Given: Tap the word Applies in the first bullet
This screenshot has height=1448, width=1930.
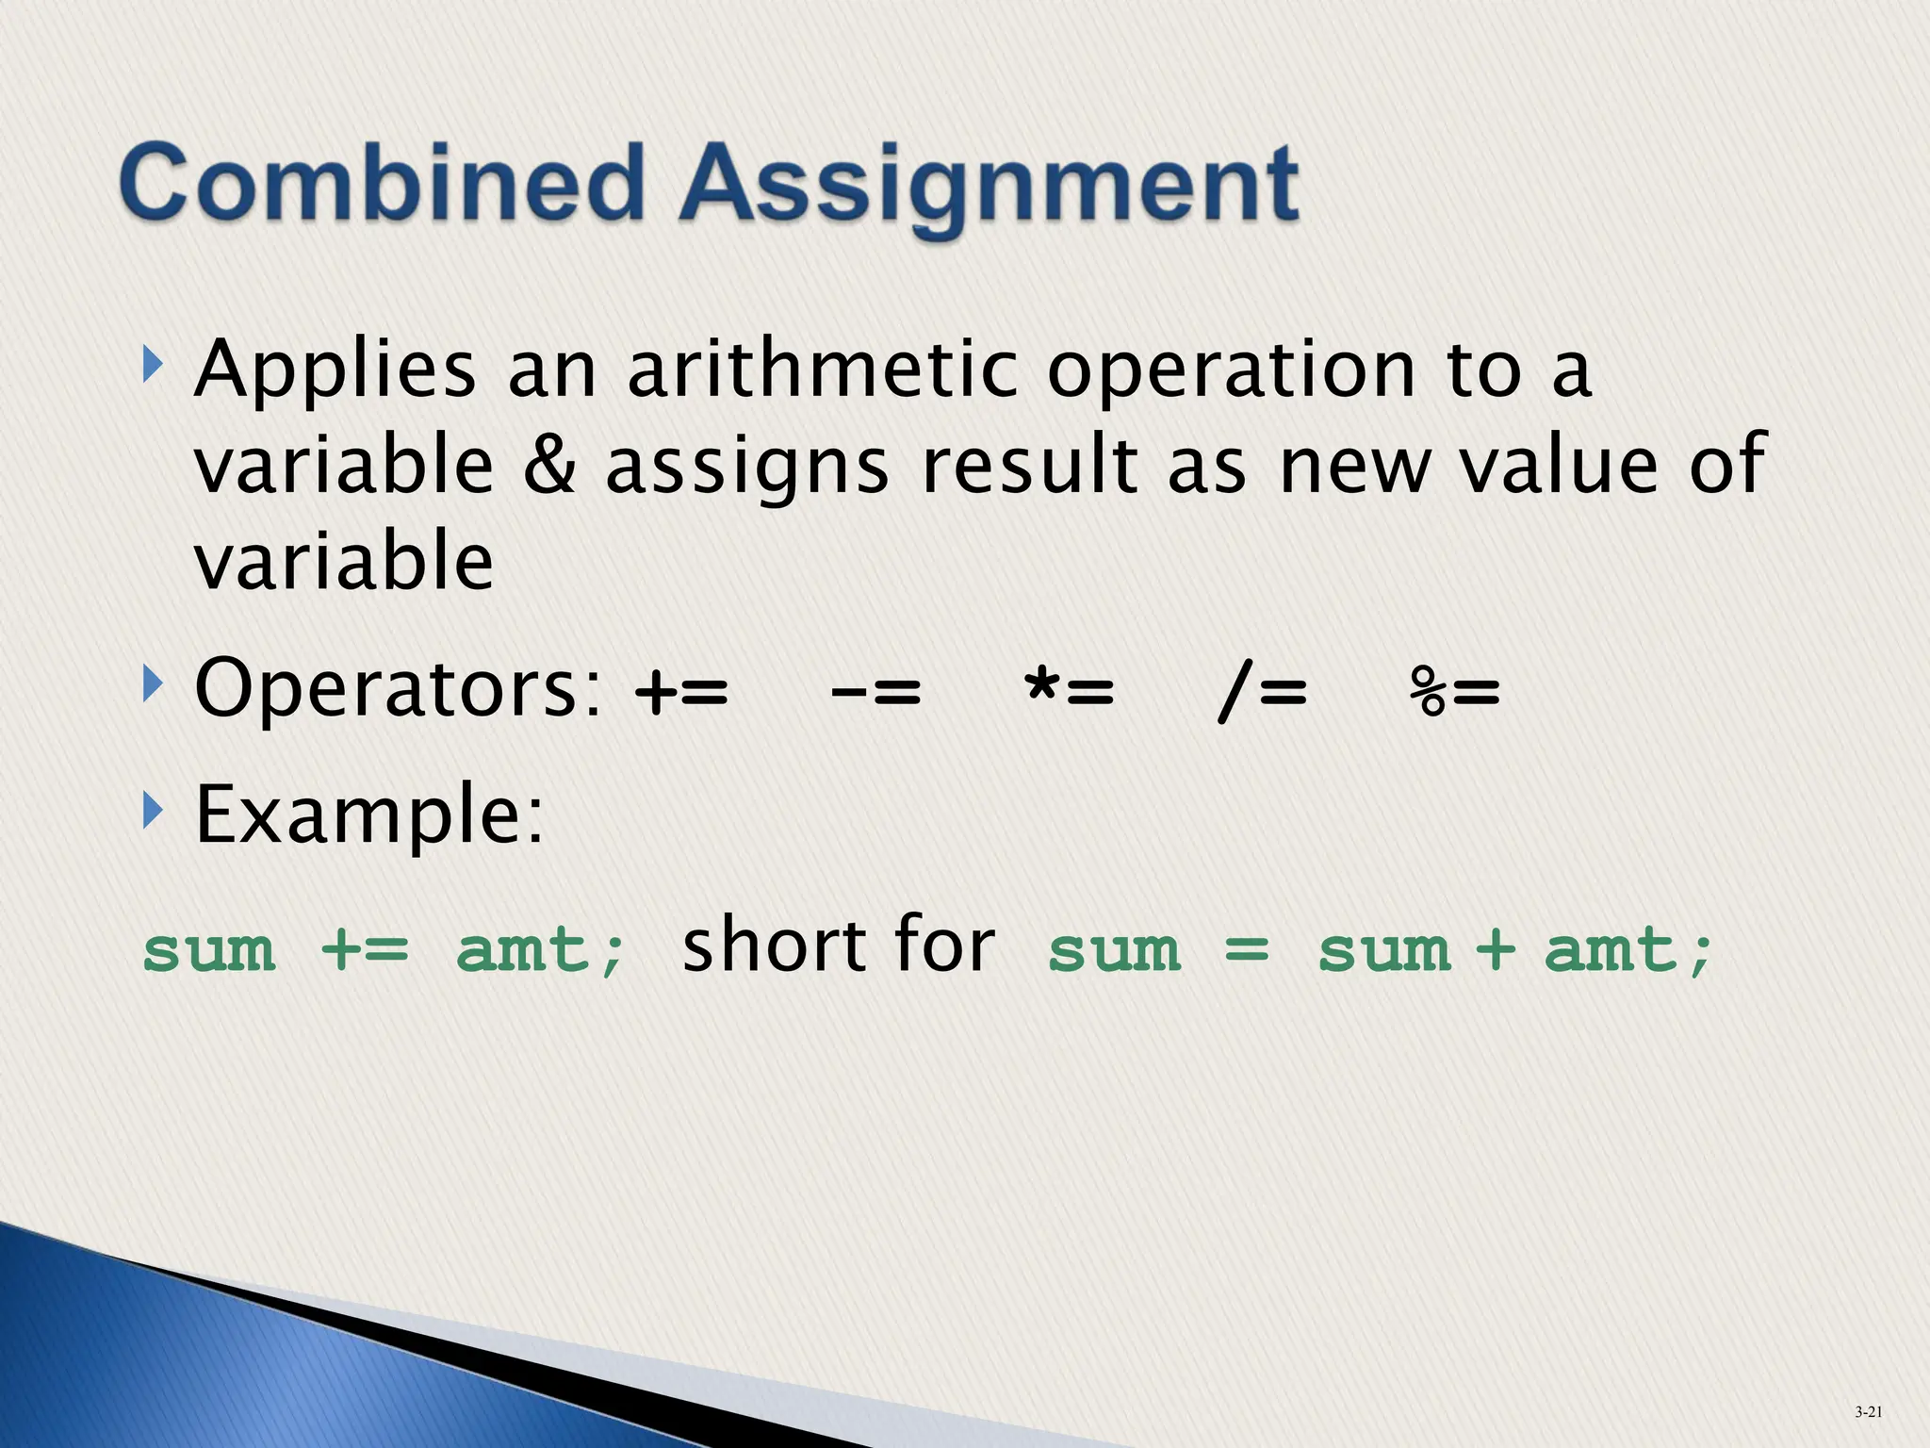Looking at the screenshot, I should tap(335, 370).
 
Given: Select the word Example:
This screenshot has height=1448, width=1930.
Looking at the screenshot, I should tap(368, 815).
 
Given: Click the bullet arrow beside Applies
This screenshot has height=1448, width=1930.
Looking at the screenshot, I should tap(152, 364).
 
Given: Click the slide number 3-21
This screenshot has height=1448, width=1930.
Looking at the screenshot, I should tap(1868, 1412).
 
